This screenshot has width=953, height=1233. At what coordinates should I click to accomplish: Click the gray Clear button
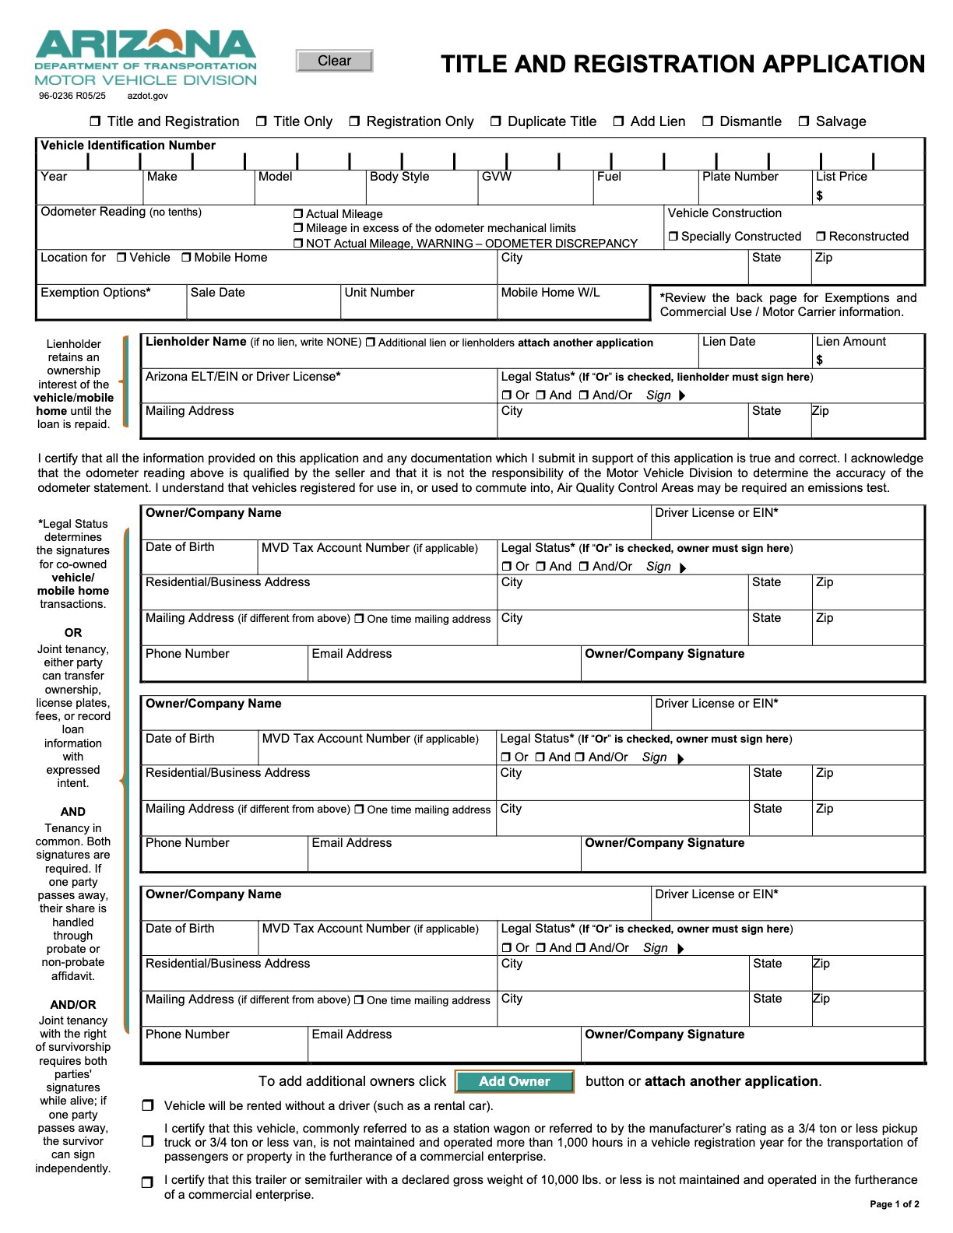[334, 61]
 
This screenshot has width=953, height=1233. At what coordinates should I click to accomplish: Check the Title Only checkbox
[262, 121]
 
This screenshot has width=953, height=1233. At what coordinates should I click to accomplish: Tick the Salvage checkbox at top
[804, 121]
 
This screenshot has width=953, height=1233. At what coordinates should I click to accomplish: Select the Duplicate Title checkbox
[496, 121]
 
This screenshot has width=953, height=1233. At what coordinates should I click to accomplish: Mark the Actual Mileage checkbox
[298, 214]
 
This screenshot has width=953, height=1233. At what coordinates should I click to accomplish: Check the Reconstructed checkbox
[821, 237]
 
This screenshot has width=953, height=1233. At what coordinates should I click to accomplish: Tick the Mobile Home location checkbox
[187, 258]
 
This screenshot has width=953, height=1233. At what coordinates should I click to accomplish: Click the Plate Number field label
[740, 177]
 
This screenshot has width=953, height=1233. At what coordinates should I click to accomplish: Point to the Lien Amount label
[850, 342]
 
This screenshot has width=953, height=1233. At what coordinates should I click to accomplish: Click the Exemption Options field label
[96, 293]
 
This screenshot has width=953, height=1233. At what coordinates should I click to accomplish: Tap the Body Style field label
[399, 177]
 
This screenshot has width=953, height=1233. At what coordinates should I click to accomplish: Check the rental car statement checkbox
[148, 1105]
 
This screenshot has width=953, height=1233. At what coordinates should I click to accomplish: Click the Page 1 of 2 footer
[894, 1204]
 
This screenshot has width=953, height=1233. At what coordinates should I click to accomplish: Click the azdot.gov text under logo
[147, 96]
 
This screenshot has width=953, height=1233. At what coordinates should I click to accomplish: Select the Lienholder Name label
[195, 342]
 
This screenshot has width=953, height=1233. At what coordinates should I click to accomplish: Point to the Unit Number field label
[379, 293]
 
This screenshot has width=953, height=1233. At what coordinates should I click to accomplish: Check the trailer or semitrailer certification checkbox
[148, 1182]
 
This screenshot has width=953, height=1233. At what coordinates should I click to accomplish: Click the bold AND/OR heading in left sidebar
[73, 1005]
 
